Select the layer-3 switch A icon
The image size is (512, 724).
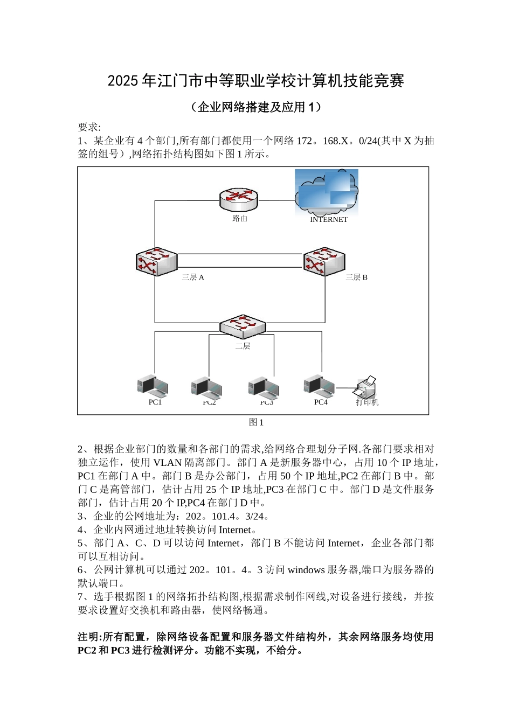click(x=156, y=261)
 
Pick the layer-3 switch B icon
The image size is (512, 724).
click(x=324, y=261)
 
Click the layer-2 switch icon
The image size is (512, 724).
click(x=243, y=326)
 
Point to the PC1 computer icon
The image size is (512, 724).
click(x=153, y=386)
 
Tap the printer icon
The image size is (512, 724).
click(x=367, y=387)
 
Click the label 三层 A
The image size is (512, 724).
click(x=193, y=277)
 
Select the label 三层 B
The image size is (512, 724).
click(x=356, y=277)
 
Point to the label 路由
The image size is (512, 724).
click(x=240, y=218)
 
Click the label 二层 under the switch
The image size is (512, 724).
click(x=243, y=346)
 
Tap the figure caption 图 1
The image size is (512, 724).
click(x=256, y=422)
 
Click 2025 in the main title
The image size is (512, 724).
click(x=123, y=81)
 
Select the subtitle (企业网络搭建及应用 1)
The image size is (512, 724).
click(x=256, y=107)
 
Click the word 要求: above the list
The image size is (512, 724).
click(x=89, y=127)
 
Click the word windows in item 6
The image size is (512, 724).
click(x=306, y=569)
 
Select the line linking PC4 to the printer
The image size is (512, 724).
click(x=346, y=387)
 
